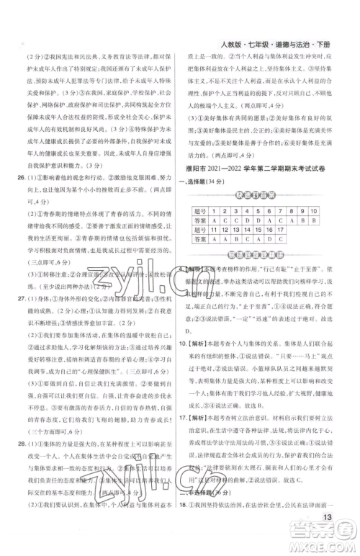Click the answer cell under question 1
coord(212,223)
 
